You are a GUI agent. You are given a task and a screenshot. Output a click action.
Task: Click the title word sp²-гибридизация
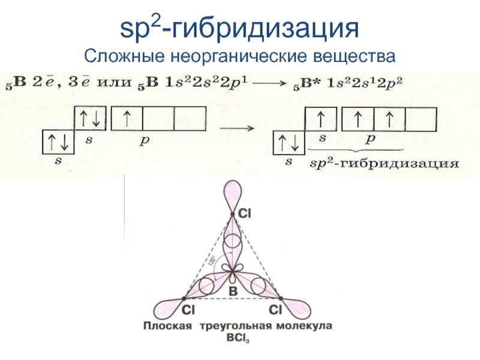click(x=239, y=28)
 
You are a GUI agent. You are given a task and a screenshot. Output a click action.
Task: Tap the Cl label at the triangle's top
click(x=245, y=212)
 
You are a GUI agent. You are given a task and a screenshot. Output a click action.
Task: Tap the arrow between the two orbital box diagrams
click(x=238, y=128)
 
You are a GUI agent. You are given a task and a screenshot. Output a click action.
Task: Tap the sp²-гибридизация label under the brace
click(x=383, y=163)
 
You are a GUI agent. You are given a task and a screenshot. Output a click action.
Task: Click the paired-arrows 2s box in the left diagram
click(x=90, y=119)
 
